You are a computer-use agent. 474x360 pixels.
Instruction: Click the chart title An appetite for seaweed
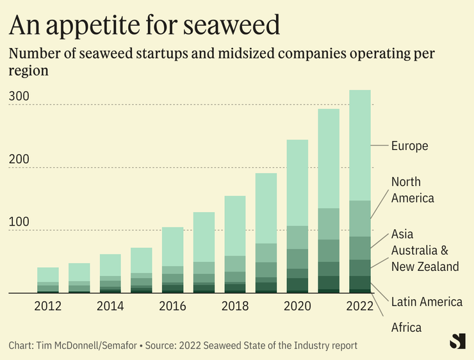point(144,25)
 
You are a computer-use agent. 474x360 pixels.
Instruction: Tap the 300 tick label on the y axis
point(19,97)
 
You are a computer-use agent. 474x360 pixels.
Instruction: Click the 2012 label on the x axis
point(48,306)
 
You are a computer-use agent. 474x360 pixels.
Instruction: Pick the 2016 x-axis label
point(173,306)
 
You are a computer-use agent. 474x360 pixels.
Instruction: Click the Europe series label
point(409,146)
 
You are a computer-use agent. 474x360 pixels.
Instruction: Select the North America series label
point(413,190)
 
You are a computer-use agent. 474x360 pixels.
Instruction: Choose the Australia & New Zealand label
point(425,258)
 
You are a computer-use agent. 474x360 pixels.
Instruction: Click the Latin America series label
point(427,302)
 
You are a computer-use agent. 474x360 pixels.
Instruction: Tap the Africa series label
point(406,328)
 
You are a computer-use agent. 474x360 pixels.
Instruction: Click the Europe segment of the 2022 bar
point(360,145)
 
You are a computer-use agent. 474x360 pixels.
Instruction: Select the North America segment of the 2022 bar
point(360,218)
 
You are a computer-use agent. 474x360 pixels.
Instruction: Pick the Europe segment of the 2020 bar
point(298,183)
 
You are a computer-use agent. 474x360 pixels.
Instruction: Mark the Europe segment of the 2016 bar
point(173,247)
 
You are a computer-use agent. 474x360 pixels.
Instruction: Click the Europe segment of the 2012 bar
point(48,275)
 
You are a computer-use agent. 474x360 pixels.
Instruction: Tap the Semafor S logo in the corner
point(457,342)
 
